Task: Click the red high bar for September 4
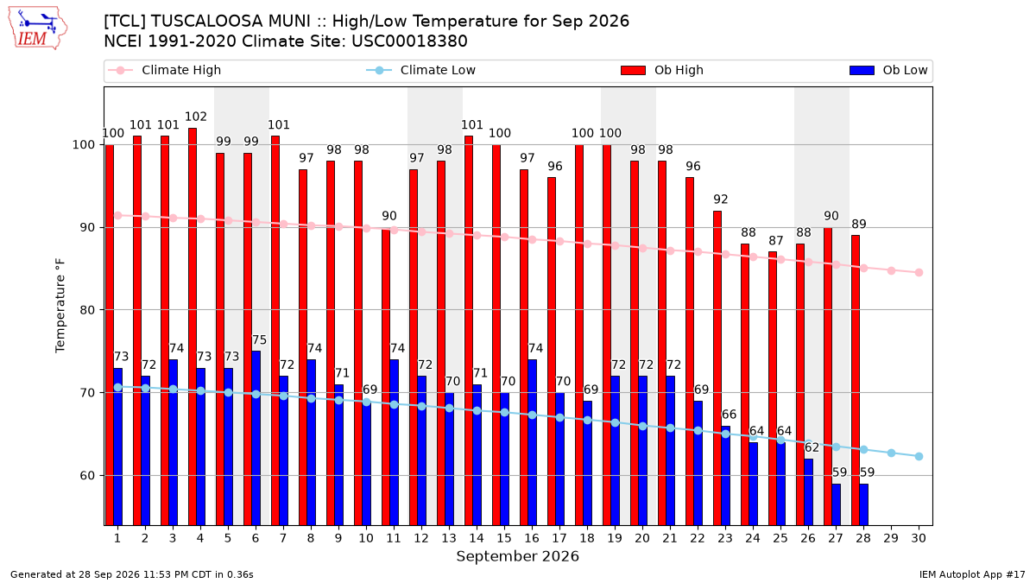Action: click(193, 326)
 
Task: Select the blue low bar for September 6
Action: click(256, 438)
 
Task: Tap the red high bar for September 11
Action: click(386, 377)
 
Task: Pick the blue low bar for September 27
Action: click(837, 504)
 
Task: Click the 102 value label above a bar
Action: click(196, 117)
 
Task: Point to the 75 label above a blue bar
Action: click(259, 340)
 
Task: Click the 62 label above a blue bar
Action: click(812, 447)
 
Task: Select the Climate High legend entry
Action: click(164, 70)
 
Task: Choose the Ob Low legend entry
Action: click(888, 70)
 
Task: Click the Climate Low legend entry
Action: click(421, 70)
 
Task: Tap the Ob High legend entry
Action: click(662, 70)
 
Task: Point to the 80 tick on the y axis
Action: click(87, 310)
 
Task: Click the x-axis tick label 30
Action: click(919, 538)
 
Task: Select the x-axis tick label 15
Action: click(504, 538)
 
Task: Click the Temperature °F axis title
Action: click(60, 306)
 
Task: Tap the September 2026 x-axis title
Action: click(517, 556)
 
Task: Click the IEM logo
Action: click(37, 28)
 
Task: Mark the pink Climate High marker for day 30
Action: click(919, 273)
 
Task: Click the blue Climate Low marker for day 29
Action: click(891, 453)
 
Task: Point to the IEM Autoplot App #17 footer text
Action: click(972, 574)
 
